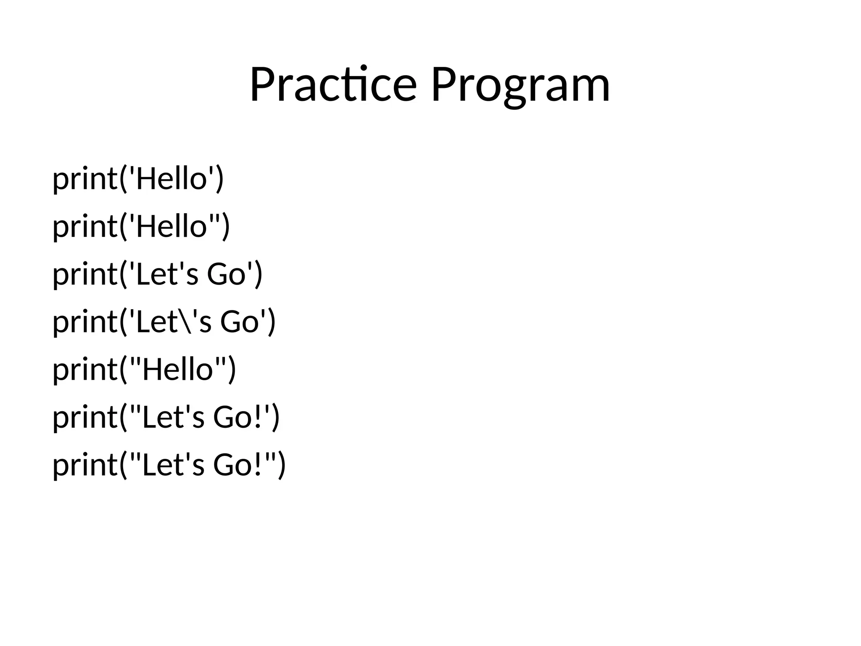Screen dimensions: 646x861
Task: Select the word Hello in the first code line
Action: point(172,179)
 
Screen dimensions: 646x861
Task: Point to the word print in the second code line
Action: point(84,228)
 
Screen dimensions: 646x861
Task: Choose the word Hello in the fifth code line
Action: point(178,370)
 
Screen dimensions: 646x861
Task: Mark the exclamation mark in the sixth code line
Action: point(258,417)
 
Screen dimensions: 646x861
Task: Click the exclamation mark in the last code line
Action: point(258,465)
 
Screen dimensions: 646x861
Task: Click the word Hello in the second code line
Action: point(172,227)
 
